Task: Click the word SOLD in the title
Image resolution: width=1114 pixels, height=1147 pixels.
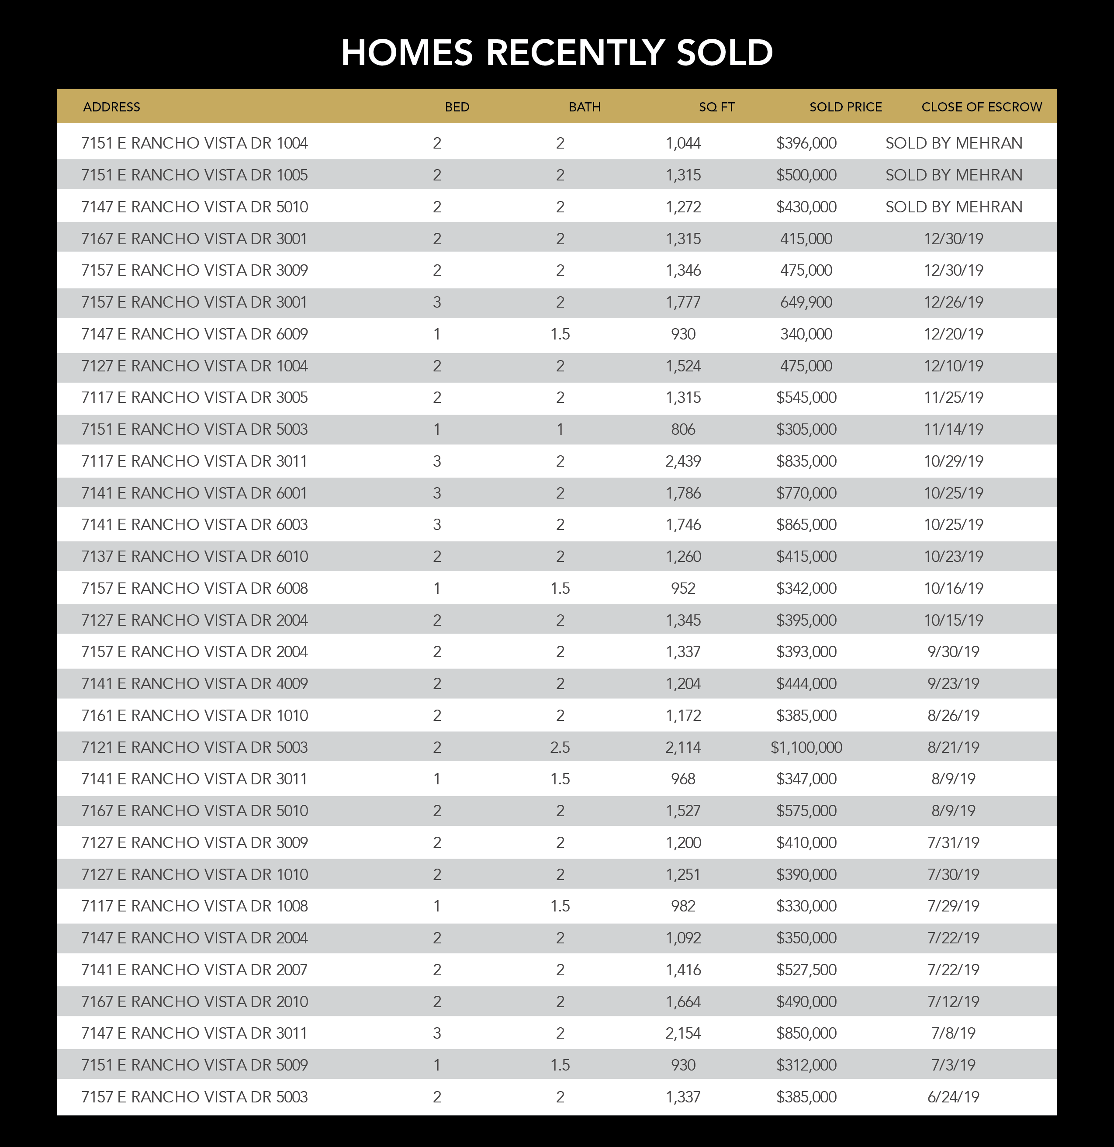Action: coord(724,53)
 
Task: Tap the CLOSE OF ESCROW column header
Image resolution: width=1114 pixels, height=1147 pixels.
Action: coord(981,107)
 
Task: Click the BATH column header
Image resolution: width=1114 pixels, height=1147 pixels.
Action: coord(585,107)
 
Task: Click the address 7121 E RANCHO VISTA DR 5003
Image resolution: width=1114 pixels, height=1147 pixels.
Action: coord(194,747)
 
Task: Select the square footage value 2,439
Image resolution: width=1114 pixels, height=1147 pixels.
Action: coord(683,461)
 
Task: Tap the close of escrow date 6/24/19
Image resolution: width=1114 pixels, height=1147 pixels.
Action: coord(953,1097)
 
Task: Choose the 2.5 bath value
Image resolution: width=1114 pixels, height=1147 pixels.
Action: coord(560,747)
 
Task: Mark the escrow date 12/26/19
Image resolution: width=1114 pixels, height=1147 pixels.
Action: coord(953,302)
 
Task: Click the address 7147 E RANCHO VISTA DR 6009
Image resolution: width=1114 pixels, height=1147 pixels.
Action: coord(194,334)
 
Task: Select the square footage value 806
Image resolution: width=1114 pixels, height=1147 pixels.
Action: coord(683,430)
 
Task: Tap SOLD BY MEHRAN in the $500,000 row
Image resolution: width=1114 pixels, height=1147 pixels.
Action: coord(953,175)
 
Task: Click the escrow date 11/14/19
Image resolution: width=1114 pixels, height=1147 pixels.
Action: coord(953,430)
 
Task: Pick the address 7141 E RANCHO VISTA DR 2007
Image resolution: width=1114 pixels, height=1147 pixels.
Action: coord(194,970)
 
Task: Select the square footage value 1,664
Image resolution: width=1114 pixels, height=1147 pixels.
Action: coord(683,1001)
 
